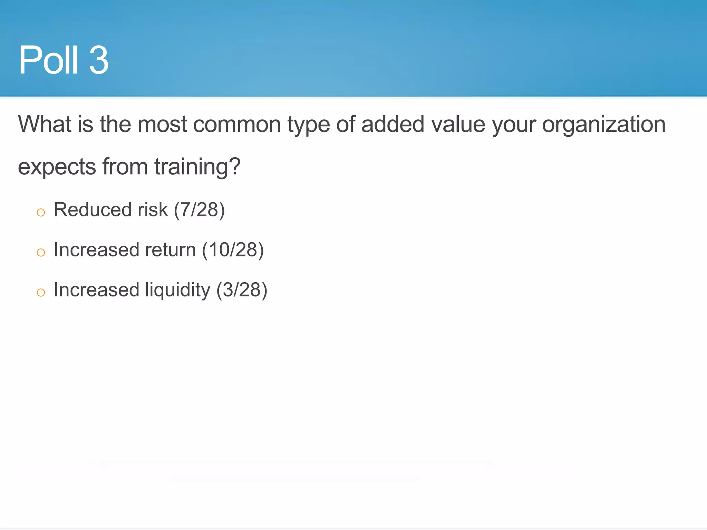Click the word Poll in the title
tap(48, 60)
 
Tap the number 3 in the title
tap(99, 60)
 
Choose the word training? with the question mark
tap(197, 167)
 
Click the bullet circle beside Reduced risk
tap(41, 212)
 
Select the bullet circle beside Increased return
tap(41, 252)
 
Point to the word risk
tap(153, 210)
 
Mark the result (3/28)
tap(242, 290)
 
